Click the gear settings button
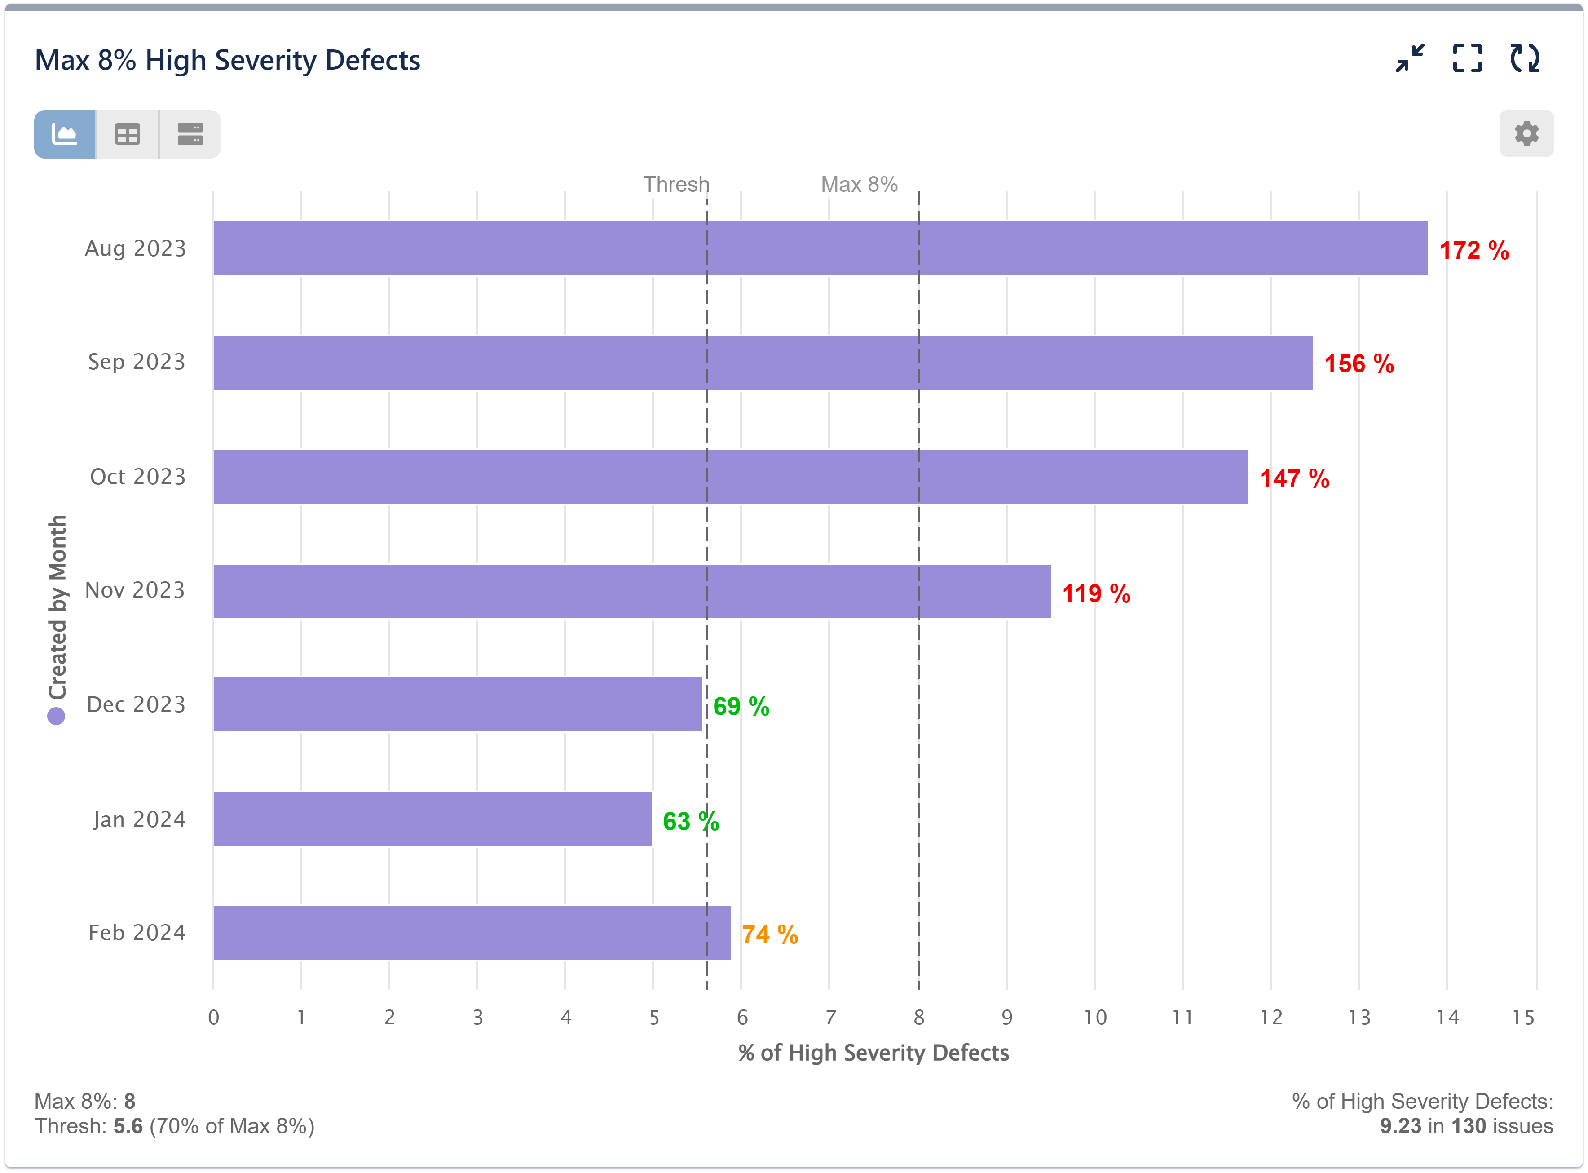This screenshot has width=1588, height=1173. point(1526,133)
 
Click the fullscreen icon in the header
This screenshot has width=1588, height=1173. point(1467,58)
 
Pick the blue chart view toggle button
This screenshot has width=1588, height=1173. point(65,134)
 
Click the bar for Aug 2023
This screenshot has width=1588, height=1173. point(820,248)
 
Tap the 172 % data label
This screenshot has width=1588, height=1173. point(1474,251)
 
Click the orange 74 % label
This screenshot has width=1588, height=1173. point(769,934)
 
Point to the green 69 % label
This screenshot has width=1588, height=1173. point(741,707)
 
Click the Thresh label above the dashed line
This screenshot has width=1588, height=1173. point(676,185)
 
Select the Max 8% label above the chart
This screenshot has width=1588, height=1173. point(859,185)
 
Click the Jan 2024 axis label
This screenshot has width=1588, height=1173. point(139,819)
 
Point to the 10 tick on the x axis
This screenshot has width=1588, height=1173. point(1094,1018)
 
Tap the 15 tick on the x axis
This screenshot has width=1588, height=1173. point(1523,1018)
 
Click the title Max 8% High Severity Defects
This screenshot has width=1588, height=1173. point(227,60)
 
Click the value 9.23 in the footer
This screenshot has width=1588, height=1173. point(1400,1126)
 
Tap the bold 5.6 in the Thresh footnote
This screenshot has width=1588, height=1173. point(128,1126)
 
